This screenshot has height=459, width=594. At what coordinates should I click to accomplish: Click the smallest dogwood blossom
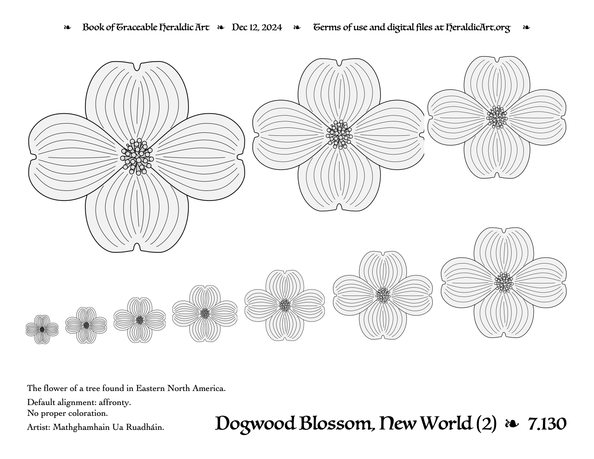[x=42, y=329]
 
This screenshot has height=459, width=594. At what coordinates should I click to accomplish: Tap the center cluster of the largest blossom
[x=137, y=157]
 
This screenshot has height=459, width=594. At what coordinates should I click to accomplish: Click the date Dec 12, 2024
[x=257, y=27]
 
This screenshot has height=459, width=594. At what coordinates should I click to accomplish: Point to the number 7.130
[x=547, y=424]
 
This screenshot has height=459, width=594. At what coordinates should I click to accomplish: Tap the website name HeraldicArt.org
[x=478, y=28]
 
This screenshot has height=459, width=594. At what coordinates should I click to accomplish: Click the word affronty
[x=115, y=403]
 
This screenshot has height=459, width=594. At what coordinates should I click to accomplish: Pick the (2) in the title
[x=486, y=424]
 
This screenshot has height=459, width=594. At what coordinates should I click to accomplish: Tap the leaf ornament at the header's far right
[x=526, y=27]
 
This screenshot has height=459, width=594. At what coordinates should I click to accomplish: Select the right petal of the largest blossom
[x=199, y=157]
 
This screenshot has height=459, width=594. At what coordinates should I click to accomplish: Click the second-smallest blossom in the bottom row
[x=86, y=325]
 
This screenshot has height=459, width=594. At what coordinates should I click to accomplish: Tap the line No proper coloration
[x=68, y=413]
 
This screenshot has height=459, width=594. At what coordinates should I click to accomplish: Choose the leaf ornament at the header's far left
[x=67, y=27]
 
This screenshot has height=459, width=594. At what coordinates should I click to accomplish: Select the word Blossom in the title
[x=337, y=424]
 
